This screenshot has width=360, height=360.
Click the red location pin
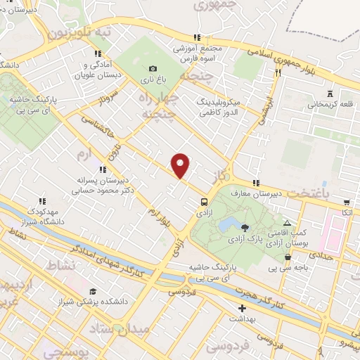[x=181, y=166]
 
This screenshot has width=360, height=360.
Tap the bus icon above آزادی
[x=203, y=199]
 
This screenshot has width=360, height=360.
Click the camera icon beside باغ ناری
[x=153, y=69]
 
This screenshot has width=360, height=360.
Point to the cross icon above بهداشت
[x=243, y=308]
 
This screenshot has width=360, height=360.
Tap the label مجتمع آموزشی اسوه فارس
[x=203, y=53]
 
